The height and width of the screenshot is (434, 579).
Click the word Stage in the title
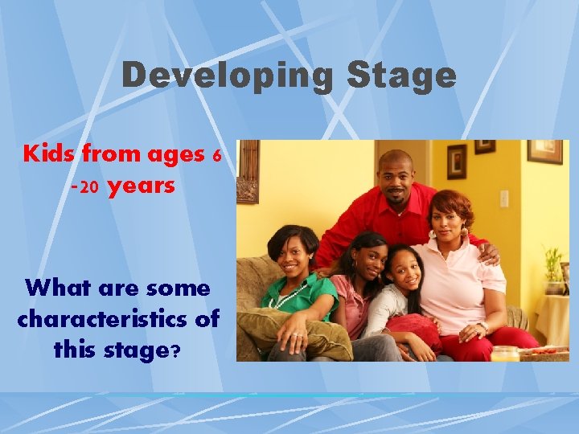click(401, 76)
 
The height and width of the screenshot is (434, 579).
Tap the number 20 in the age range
click(89, 188)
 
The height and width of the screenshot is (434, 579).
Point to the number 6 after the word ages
click(216, 155)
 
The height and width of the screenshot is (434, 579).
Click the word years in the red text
click(141, 186)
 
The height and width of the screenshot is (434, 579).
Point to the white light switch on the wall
click(504, 198)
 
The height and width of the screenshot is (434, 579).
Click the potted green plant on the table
click(553, 269)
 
